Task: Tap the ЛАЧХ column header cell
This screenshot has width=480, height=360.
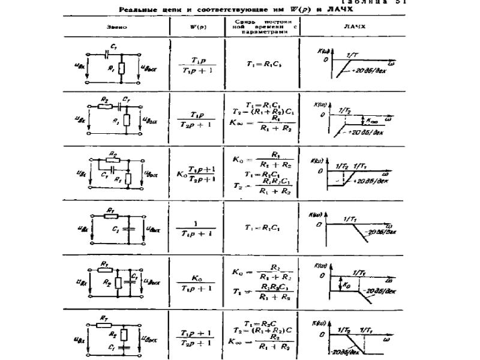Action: point(350,27)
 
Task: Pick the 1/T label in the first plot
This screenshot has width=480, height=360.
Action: point(352,55)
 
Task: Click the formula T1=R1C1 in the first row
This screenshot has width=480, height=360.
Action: point(262,63)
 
